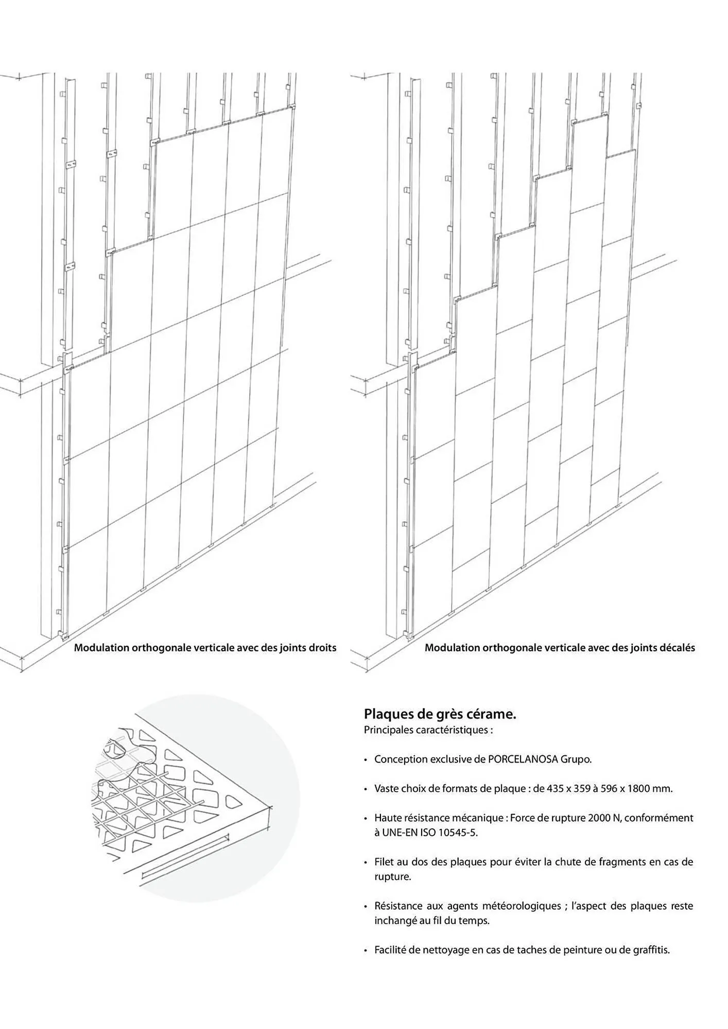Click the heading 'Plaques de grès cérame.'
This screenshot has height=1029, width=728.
440,714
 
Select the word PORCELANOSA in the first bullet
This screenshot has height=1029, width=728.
523,759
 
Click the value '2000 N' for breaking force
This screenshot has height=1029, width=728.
605,818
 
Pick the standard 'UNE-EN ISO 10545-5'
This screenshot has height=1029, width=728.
431,832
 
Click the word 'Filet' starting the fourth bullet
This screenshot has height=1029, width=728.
384,862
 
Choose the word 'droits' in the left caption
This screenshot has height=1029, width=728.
323,648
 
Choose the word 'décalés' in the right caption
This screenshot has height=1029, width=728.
677,648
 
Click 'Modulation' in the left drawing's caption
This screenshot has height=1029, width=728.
101,648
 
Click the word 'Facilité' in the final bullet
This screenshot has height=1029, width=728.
390,950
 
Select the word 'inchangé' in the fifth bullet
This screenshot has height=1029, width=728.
393,920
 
